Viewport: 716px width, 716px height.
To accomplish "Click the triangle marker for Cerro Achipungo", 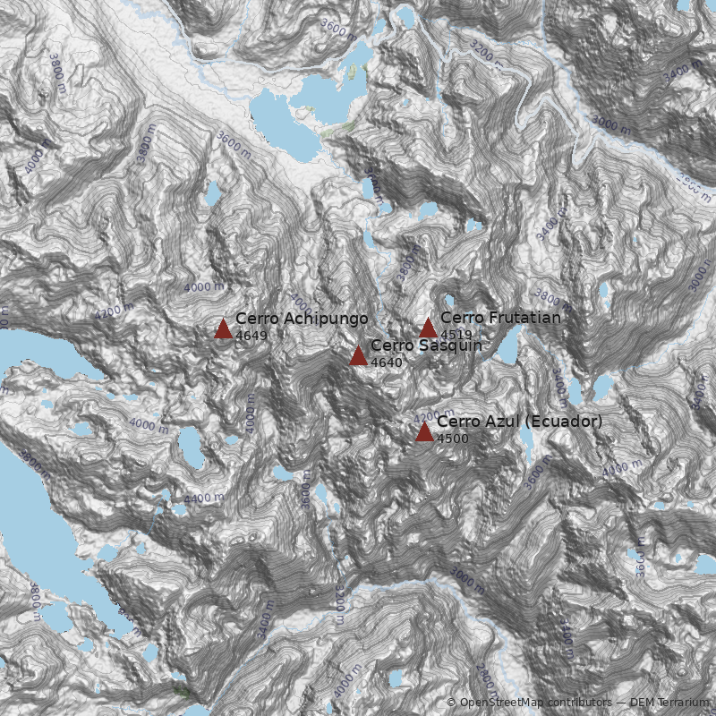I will coord(224,328).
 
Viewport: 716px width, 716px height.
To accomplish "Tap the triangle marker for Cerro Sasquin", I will coord(358,355).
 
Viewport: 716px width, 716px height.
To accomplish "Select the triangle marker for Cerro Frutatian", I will coord(428,328).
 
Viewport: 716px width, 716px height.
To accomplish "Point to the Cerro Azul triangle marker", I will coord(424,432).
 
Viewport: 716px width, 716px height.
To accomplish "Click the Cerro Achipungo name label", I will coord(302,319).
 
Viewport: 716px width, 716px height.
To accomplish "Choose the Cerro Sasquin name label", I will coord(426,345).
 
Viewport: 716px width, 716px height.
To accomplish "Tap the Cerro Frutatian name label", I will coord(500,318).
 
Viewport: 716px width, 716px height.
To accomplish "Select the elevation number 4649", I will coord(251,335).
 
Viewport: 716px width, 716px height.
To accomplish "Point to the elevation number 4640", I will coord(386,362).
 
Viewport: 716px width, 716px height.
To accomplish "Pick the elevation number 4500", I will coord(452,439).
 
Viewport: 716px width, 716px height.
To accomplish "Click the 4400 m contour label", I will coord(205,498).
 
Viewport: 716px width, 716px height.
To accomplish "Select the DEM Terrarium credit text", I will coord(670,703).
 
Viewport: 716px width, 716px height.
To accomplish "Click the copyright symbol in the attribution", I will coord(451,703).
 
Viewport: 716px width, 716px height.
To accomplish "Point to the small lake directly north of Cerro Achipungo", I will coord(213,192).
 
